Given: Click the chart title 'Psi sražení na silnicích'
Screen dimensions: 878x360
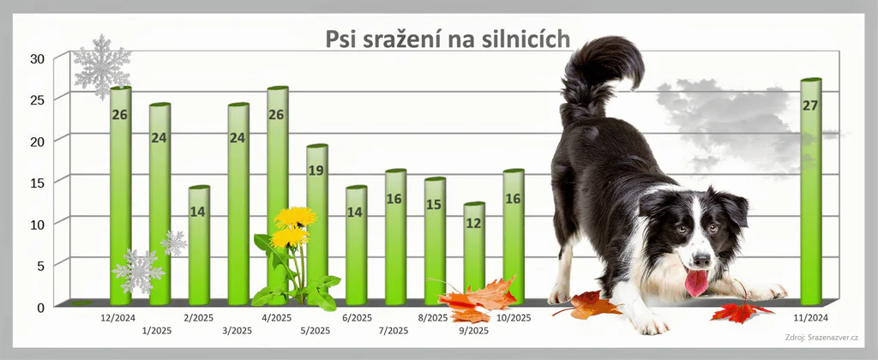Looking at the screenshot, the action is pyautogui.click(x=448, y=39).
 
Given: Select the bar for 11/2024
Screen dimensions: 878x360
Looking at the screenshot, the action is pyautogui.click(x=811, y=192).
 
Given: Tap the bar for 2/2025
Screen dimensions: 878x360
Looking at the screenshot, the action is pyautogui.click(x=199, y=246).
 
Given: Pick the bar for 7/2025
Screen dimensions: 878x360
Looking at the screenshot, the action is pyautogui.click(x=395, y=237).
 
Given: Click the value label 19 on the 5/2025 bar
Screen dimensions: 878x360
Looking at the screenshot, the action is pyautogui.click(x=316, y=171).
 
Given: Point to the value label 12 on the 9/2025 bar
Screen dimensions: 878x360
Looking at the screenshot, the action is pyautogui.click(x=473, y=224).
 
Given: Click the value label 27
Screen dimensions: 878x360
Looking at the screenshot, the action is pyautogui.click(x=810, y=105).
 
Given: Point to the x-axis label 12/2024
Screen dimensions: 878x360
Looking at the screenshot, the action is pyautogui.click(x=117, y=318).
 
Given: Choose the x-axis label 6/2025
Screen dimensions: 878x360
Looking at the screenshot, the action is pyautogui.click(x=357, y=318).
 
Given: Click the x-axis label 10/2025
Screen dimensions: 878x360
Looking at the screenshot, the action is pyautogui.click(x=514, y=318).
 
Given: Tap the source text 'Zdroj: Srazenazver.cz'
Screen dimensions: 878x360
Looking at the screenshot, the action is pyautogui.click(x=821, y=337).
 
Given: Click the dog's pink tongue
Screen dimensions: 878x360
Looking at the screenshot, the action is pyautogui.click(x=696, y=282).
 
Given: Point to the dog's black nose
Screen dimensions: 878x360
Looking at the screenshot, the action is pyautogui.click(x=701, y=260).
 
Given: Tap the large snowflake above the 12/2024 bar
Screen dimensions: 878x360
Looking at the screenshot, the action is pyautogui.click(x=102, y=67).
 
